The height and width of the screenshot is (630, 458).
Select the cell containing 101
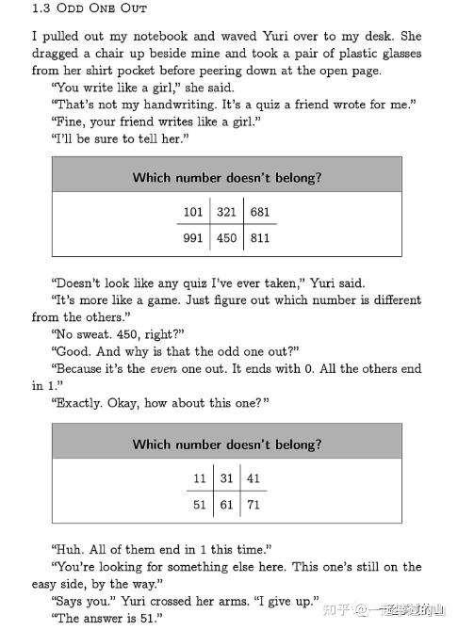point(193,212)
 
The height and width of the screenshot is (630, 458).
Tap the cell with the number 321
point(226,212)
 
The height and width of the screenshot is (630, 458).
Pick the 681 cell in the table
point(259,212)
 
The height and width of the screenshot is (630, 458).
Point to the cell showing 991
point(193,238)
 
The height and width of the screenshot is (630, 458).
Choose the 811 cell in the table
point(259,238)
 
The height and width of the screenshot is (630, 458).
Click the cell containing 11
point(199,478)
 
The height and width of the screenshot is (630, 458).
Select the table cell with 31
point(226,478)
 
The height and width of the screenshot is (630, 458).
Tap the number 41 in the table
point(254,478)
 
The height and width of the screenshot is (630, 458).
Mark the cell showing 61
point(226,505)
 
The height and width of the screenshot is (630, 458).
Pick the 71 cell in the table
point(254,505)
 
